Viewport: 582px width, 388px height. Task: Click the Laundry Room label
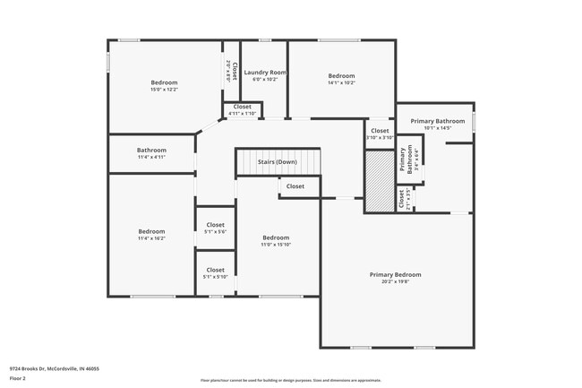265,72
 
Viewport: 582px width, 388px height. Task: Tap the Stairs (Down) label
277,162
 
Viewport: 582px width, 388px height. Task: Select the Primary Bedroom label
395,274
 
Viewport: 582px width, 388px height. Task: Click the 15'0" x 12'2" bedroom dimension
164,90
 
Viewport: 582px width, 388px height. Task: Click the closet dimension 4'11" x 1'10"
243,114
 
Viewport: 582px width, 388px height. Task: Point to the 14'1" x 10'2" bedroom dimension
341,83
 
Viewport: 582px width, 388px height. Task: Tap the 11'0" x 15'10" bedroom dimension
276,245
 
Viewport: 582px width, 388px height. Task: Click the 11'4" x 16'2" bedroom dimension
151,238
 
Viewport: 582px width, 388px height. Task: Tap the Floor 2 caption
18,379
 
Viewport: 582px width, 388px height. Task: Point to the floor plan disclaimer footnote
290,380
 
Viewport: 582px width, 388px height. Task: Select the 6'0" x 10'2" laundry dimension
265,79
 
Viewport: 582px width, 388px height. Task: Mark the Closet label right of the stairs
295,186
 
